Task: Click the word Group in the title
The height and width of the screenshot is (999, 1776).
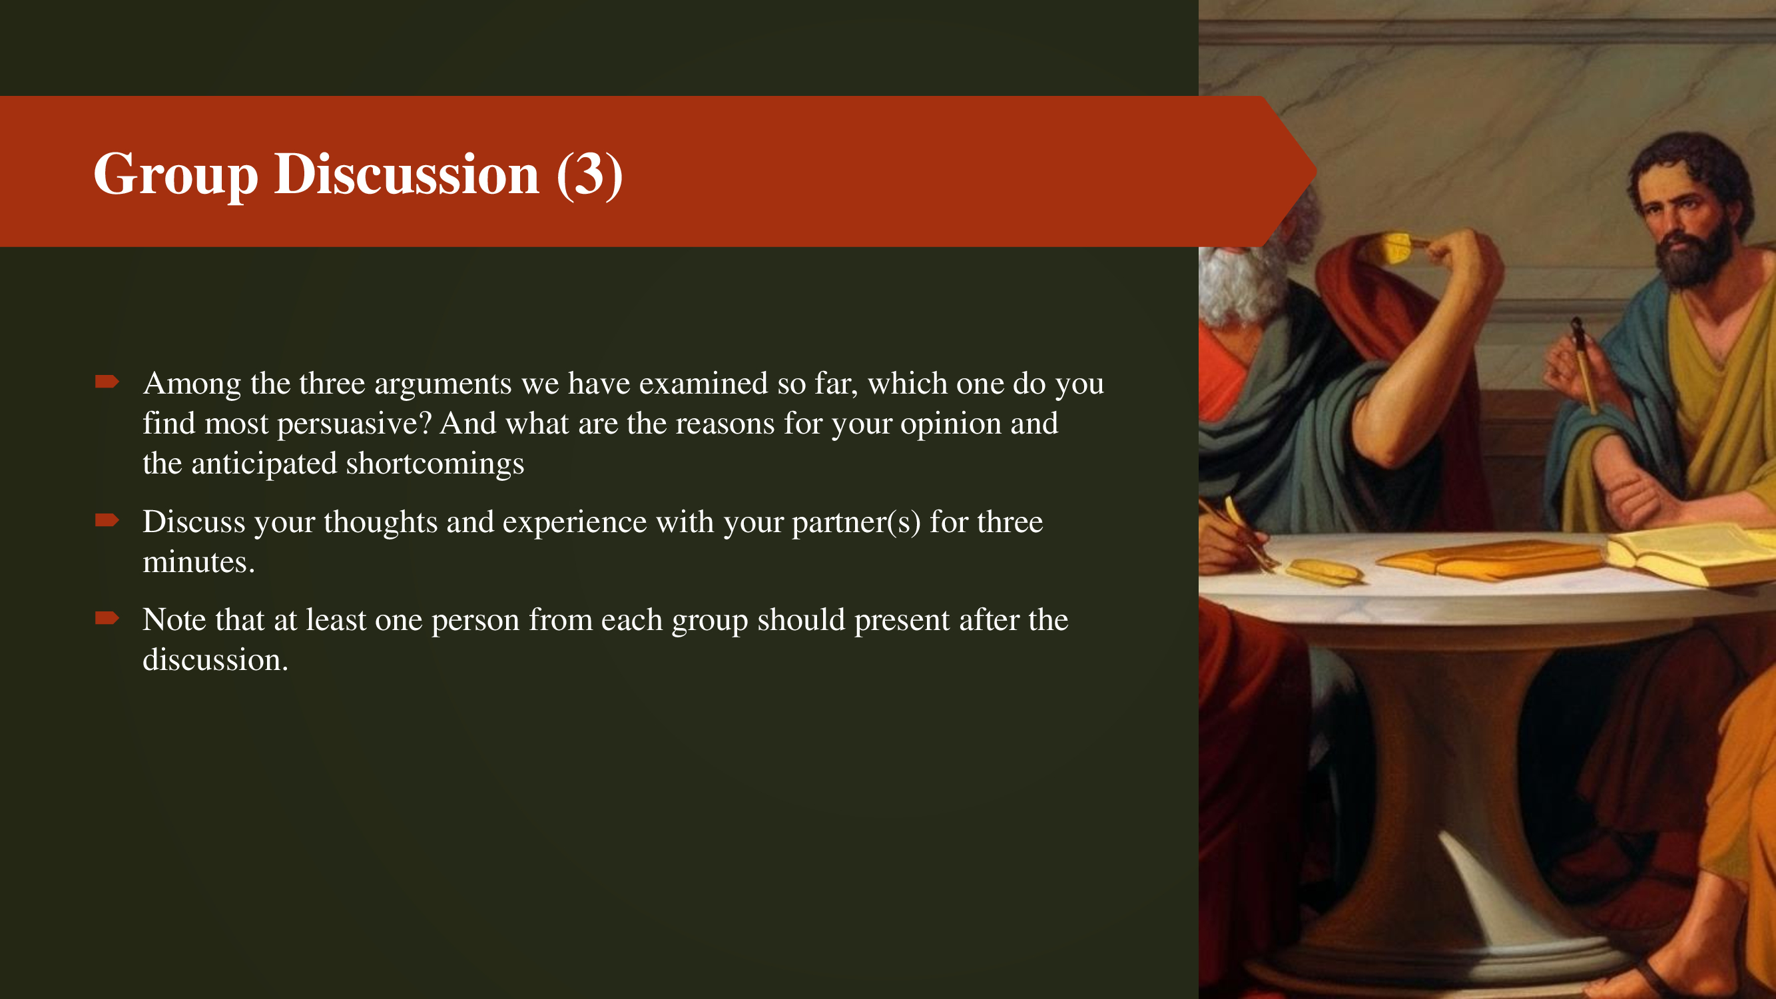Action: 176,175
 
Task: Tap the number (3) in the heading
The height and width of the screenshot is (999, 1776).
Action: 589,175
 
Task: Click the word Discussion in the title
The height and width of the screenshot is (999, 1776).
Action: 407,174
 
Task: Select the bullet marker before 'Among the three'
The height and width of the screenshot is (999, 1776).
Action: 107,381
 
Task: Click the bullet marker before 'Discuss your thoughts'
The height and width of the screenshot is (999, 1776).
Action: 107,520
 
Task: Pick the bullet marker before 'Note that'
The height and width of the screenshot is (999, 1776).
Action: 107,618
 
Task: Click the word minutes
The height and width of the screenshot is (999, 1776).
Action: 198,563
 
